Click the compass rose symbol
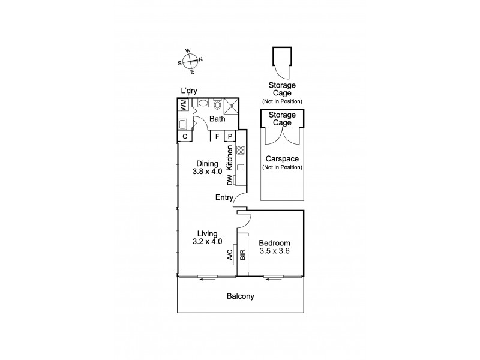point(191,61)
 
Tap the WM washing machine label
point(184,106)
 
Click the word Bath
point(217,119)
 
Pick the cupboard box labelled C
point(185,136)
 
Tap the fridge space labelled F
point(217,136)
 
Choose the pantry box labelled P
point(229,136)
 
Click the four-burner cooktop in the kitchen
point(240,150)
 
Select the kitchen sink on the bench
point(240,167)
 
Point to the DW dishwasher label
point(230,179)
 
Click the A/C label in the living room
point(230,255)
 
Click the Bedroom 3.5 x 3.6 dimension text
point(274,247)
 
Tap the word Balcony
point(241,296)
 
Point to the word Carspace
point(282,159)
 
